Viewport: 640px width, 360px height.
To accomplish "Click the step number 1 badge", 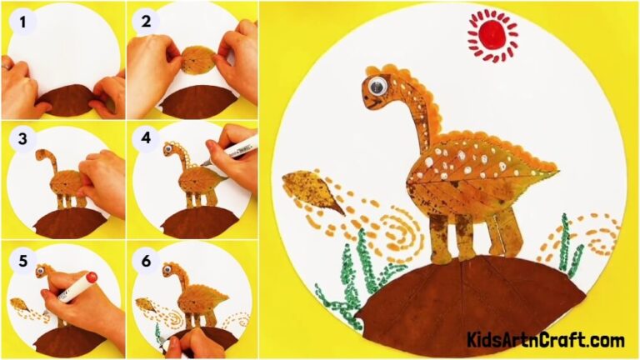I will click(x=22, y=22).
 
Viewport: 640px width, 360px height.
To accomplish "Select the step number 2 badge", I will click(x=147, y=22).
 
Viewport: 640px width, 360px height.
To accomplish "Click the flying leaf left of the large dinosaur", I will click(x=312, y=191).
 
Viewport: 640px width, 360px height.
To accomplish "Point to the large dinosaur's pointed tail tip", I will click(x=557, y=174).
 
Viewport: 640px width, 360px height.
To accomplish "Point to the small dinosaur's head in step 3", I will click(x=42, y=155).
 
